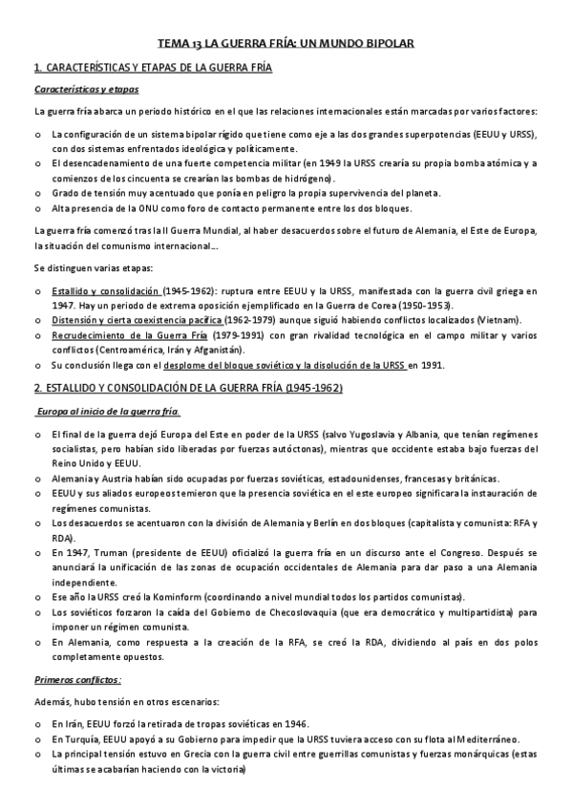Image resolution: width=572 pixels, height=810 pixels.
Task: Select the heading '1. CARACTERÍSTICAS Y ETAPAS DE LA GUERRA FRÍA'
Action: click(x=153, y=69)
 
